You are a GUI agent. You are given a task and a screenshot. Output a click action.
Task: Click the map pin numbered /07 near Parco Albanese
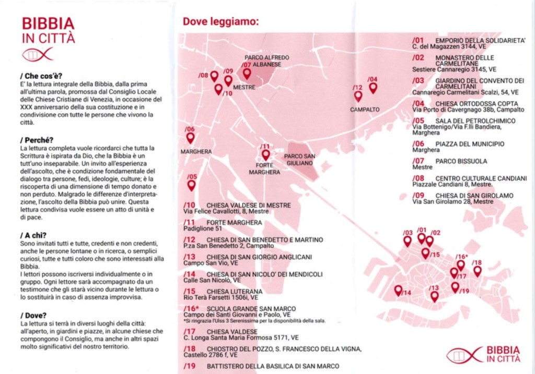(x=247, y=74)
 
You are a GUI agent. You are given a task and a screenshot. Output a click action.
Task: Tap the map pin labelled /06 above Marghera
(x=190, y=137)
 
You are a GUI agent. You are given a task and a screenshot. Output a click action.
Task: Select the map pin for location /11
(x=265, y=154)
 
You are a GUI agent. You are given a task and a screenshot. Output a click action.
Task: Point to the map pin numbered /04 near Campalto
(x=373, y=88)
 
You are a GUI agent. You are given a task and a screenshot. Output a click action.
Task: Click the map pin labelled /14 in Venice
(x=398, y=291)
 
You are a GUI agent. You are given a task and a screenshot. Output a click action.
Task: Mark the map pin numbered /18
(x=477, y=271)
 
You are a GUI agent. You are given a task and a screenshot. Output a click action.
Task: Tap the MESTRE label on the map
(x=244, y=88)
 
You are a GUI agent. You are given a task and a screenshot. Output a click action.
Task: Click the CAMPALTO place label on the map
(x=365, y=110)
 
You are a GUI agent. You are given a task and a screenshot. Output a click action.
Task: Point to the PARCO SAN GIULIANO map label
(x=299, y=160)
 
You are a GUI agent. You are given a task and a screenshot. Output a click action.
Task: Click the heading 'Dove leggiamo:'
(x=220, y=22)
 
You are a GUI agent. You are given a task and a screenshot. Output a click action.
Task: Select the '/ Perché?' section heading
(x=37, y=140)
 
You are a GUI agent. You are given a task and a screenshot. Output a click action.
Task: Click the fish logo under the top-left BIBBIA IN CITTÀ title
(x=38, y=54)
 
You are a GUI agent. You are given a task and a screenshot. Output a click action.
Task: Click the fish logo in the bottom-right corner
(x=464, y=355)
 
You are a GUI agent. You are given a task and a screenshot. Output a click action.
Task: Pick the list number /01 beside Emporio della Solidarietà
(x=418, y=40)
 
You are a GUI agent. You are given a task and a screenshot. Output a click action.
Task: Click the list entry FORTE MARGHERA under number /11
(x=234, y=222)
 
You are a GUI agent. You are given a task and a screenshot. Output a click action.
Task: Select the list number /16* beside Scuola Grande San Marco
(x=191, y=308)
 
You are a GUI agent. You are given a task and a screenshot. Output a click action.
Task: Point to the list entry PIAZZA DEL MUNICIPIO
(x=470, y=143)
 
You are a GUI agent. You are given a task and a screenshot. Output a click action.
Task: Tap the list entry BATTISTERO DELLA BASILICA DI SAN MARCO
(x=273, y=366)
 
